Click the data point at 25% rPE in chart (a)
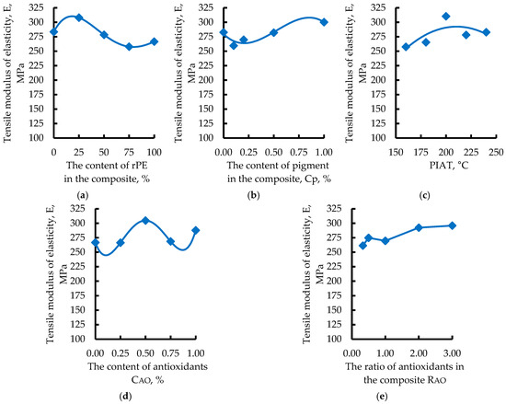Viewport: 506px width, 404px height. point(79,17)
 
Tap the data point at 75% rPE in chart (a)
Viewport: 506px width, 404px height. point(129,46)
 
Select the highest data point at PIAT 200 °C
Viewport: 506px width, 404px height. point(446,17)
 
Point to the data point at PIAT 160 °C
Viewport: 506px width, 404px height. point(406,47)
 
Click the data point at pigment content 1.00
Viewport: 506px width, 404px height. point(324,22)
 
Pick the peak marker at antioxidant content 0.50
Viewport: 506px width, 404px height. point(145,221)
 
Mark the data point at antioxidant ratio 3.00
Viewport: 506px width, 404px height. point(452,225)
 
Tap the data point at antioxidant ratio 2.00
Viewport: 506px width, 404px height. point(419,228)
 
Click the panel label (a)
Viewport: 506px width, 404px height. point(83,195)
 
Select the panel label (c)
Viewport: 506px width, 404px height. point(424,195)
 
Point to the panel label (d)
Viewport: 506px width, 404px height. point(125,396)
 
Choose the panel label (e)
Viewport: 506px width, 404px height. point(382,396)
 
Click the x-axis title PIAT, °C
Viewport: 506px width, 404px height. point(449,166)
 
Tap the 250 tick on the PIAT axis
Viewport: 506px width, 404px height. point(496,152)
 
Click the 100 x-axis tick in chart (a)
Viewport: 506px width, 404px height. point(154,152)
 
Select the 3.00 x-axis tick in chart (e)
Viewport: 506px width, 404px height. point(452,353)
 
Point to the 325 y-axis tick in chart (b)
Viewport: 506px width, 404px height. point(206,7)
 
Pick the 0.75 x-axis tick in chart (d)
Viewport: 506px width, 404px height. point(170,353)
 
